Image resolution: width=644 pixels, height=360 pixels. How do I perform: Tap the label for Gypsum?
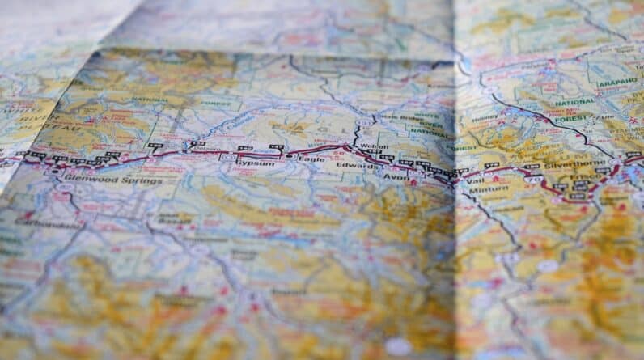[250, 162]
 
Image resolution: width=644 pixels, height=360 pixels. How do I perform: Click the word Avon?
[396, 176]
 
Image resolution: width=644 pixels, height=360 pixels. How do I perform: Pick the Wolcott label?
[367, 148]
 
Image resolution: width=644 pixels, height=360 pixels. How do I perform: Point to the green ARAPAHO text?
[617, 82]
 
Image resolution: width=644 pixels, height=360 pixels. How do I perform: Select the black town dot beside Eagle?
[289, 155]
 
